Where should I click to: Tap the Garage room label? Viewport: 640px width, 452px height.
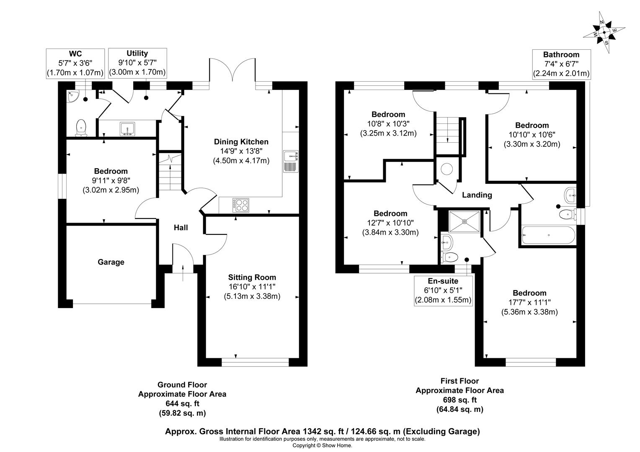click(x=111, y=262)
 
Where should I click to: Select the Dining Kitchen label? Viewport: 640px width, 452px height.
click(x=241, y=142)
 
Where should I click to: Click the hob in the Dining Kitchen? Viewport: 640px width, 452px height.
click(x=240, y=205)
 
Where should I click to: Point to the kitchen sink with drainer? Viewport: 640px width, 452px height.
click(x=290, y=161)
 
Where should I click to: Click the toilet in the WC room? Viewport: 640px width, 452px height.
click(x=81, y=128)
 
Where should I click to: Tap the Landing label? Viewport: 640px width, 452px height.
click(x=477, y=195)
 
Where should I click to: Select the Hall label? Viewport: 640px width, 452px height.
click(x=181, y=228)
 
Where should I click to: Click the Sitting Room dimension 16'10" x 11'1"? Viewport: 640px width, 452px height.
click(x=252, y=287)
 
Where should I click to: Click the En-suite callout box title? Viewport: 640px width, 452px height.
click(x=443, y=281)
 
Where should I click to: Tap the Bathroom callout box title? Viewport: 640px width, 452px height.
click(x=561, y=54)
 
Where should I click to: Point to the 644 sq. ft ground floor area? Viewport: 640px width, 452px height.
click(x=182, y=403)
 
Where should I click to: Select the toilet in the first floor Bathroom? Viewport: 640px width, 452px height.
click(x=567, y=214)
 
